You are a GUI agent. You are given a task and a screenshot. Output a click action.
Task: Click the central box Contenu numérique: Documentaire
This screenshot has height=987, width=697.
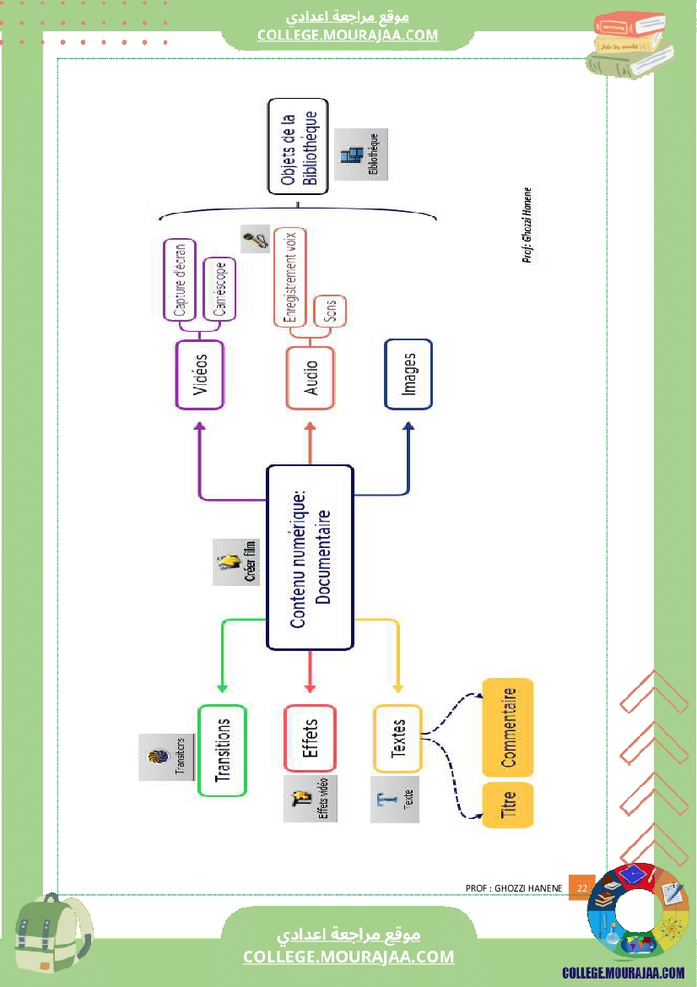point(309,557)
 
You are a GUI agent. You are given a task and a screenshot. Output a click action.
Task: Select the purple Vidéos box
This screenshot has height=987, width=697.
point(200,374)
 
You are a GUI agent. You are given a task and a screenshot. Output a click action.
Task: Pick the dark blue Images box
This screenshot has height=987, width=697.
point(408,374)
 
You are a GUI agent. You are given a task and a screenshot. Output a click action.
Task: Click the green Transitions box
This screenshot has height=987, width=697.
point(223,751)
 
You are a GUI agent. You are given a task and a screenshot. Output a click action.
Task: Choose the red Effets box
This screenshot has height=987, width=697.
point(310,738)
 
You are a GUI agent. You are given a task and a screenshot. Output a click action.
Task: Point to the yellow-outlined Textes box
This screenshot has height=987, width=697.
point(397,739)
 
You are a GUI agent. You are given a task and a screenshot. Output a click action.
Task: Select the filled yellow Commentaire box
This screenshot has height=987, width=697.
point(508,727)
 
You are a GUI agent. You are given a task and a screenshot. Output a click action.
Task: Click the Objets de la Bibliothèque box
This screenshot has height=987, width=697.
point(298,147)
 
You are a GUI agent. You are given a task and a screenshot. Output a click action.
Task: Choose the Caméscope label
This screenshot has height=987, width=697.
point(219,289)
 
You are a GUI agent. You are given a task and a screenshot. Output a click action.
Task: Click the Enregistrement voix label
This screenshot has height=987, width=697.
point(290,276)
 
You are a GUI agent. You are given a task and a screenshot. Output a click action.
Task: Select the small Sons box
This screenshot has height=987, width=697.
point(329,312)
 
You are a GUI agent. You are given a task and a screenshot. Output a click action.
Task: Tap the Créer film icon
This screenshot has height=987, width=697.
point(235,561)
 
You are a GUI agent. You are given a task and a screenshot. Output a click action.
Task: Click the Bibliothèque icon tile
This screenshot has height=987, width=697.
point(361,155)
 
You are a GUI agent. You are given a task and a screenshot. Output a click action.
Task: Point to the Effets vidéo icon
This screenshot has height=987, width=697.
point(311,799)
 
